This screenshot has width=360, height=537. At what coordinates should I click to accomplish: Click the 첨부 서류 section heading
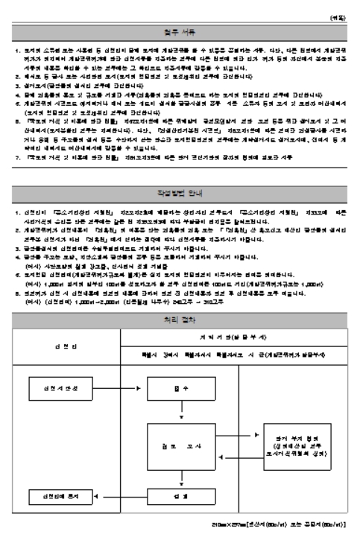click(x=180, y=32)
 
